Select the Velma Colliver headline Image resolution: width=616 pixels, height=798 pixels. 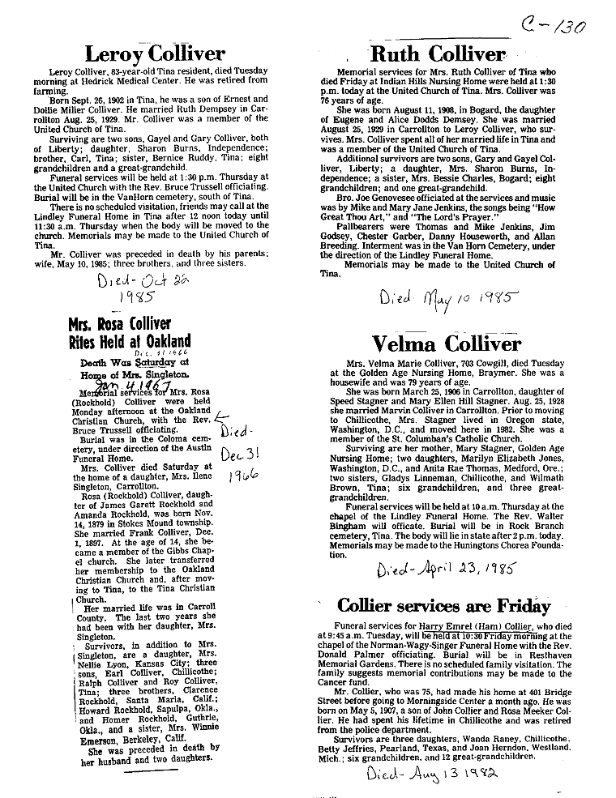point(446,344)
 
